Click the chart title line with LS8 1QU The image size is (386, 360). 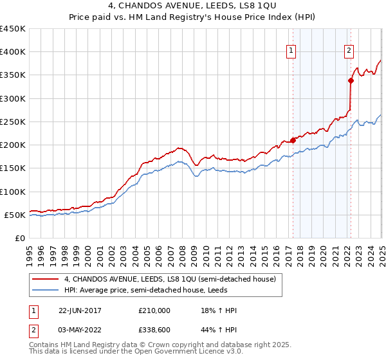pos(193,6)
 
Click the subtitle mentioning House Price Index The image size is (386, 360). pos(193,17)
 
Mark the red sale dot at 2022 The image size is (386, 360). pos(351,80)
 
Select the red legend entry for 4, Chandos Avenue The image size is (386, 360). pos(170,279)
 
